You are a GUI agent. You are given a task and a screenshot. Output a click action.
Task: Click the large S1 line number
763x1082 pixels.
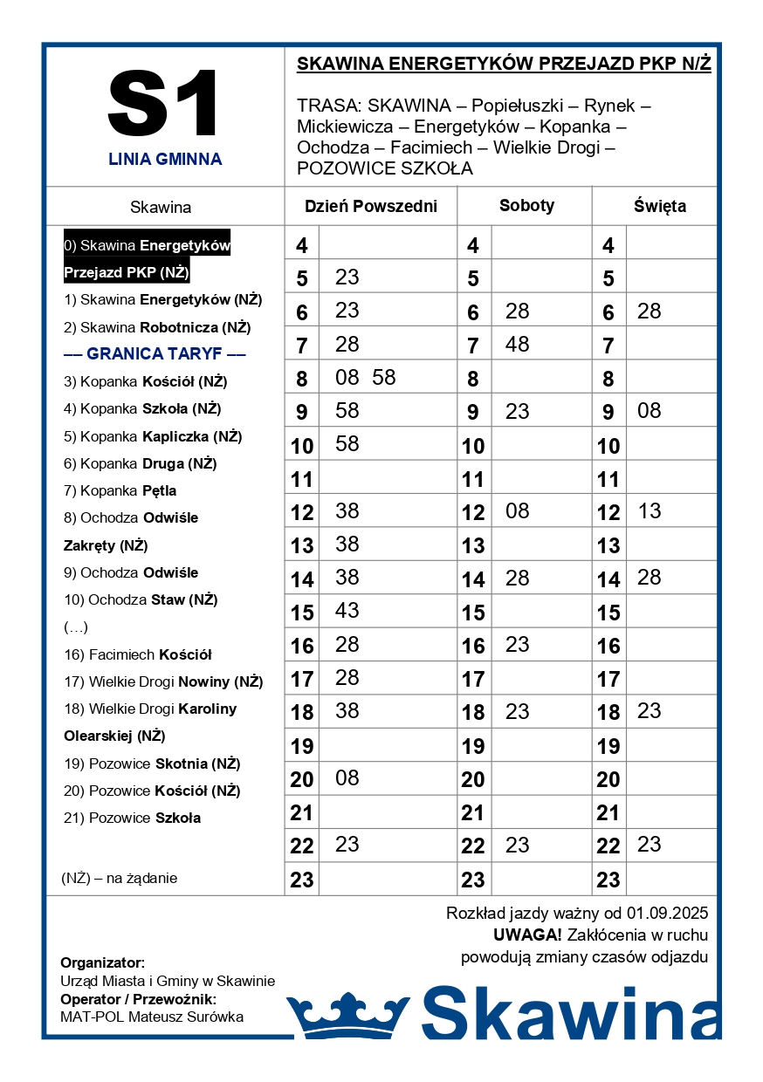coord(164,103)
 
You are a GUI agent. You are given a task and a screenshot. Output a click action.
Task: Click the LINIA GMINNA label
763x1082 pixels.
coord(165,160)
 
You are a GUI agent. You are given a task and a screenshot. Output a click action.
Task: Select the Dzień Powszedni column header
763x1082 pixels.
coord(370,207)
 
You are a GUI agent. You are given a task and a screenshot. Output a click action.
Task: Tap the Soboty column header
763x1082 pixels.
coord(526,206)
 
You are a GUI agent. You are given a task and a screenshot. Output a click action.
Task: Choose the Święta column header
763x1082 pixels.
coord(659,207)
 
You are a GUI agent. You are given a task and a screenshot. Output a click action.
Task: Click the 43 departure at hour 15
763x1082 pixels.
coord(347,611)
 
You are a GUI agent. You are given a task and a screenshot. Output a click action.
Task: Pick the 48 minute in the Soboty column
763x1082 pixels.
coord(517,345)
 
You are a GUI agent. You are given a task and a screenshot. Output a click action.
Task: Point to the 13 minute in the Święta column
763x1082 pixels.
coord(650,511)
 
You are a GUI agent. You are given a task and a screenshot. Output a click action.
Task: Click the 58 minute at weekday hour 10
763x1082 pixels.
coord(347,444)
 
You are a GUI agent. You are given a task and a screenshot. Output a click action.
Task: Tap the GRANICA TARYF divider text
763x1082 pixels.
coord(155,353)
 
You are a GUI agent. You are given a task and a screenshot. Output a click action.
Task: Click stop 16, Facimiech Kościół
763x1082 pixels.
coord(138,654)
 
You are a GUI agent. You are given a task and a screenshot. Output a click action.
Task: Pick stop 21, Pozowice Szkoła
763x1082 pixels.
coord(132,818)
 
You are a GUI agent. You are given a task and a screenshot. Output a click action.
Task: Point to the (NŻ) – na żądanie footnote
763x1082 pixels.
coord(120,878)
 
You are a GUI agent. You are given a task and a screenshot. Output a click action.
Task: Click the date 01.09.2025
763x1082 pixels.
coord(667,914)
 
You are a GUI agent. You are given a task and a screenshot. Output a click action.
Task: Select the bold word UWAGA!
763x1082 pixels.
coord(527,935)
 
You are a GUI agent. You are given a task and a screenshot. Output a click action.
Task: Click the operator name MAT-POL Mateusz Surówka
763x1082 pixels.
coord(152,1017)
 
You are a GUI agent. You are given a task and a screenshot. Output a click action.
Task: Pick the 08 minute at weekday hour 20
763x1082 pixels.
coord(347,777)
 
